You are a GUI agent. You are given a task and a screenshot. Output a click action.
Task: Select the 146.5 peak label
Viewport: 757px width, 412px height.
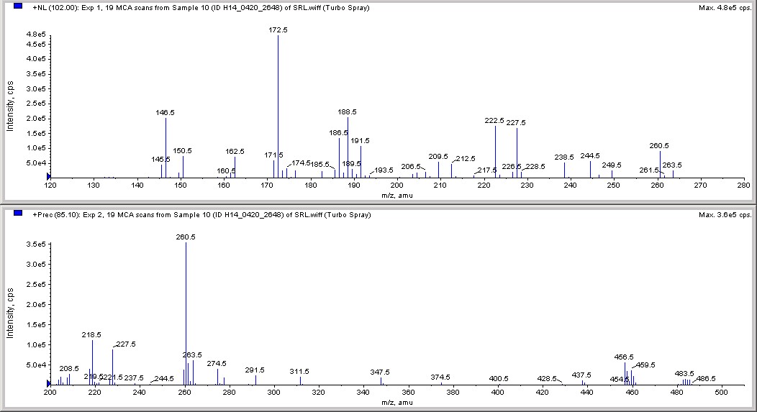point(166,113)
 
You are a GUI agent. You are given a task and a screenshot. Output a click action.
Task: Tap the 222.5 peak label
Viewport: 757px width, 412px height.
point(495,121)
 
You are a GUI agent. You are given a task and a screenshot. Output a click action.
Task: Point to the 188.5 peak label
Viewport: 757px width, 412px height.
point(348,112)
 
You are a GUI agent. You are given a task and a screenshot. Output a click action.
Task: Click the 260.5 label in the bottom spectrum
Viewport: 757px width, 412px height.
point(186,237)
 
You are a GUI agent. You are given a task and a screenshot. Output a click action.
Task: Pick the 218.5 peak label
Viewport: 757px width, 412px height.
point(92,335)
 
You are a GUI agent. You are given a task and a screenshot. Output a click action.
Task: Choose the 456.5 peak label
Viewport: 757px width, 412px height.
point(624,357)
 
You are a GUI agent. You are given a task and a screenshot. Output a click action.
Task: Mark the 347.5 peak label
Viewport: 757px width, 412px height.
point(380,372)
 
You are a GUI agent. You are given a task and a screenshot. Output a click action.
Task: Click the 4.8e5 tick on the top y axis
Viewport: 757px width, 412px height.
point(35,35)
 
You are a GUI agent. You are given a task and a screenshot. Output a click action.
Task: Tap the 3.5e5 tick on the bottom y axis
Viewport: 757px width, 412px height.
point(35,244)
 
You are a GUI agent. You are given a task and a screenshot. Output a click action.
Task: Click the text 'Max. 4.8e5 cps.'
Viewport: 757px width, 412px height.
point(725,8)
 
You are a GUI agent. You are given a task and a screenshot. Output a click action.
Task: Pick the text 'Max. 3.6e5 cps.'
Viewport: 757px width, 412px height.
point(725,214)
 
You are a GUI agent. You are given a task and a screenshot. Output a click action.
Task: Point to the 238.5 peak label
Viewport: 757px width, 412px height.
point(564,157)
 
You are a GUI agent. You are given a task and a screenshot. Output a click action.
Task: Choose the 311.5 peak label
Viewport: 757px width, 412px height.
point(299,372)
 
